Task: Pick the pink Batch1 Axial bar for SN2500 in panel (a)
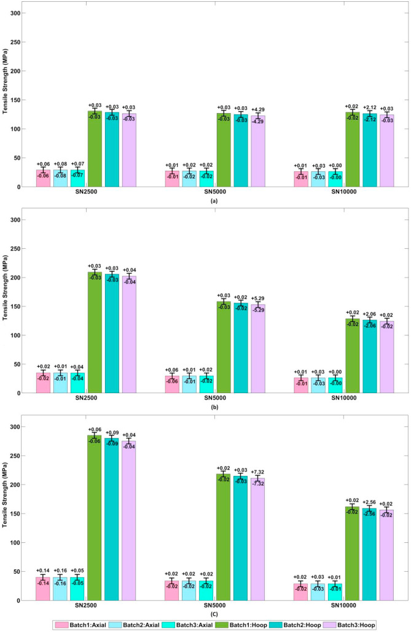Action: pyautogui.click(x=43, y=178)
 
